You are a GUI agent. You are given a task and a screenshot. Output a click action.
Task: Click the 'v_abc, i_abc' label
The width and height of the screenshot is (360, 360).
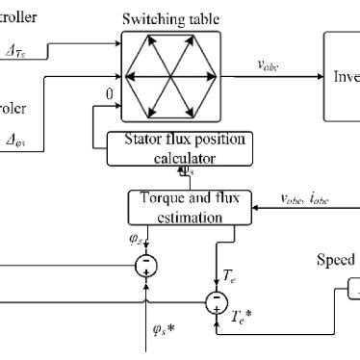305,201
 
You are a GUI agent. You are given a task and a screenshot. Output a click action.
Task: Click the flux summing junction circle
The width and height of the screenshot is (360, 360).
145,262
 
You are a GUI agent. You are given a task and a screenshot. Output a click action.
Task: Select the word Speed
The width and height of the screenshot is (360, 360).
338,260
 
